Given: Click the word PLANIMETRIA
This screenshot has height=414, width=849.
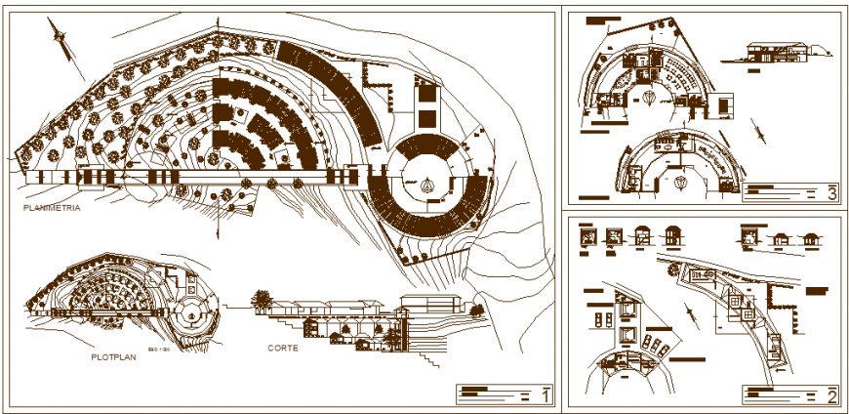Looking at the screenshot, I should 53,209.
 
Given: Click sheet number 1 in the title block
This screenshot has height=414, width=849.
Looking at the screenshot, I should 546,394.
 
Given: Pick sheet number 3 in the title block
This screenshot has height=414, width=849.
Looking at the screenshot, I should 830,192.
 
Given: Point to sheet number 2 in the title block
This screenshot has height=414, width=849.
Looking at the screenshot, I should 830,395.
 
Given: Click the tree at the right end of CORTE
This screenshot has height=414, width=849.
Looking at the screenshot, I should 477,310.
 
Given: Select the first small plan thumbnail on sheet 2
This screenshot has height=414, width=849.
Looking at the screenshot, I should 586,236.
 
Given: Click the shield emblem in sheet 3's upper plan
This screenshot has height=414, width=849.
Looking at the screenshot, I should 649,98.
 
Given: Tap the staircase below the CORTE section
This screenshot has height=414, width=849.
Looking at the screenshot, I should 429,356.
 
